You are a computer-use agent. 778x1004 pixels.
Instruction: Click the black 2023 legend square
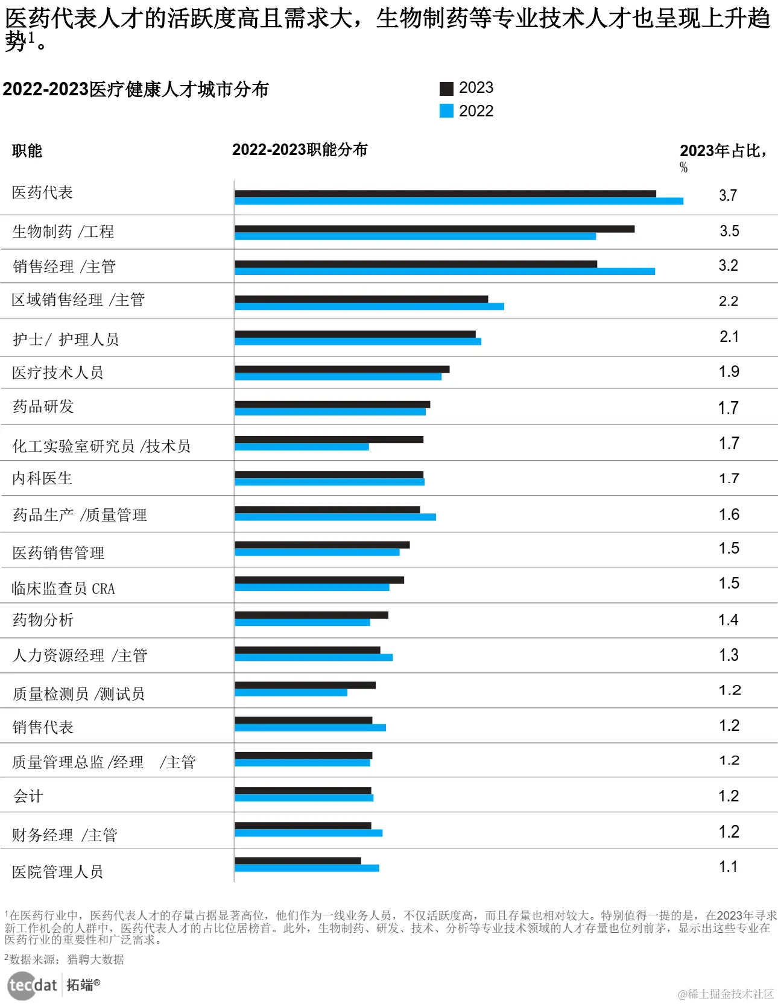coord(446,89)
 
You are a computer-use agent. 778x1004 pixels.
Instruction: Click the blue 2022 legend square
coord(446,111)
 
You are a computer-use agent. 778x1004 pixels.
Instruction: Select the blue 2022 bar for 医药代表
coord(458,201)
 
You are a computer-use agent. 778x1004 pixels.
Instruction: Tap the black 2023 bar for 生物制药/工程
coord(434,229)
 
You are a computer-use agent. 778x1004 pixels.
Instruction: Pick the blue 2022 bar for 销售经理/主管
coord(444,271)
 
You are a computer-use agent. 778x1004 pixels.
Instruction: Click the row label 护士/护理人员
coord(66,339)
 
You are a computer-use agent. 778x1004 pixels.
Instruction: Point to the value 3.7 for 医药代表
coord(728,195)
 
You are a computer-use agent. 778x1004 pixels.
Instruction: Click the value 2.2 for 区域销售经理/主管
coord(729,301)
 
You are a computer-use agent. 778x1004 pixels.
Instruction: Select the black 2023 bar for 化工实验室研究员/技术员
coord(329,440)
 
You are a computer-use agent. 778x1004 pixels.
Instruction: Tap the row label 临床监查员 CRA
coord(63,589)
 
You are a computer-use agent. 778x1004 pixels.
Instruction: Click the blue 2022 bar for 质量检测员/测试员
coord(291,692)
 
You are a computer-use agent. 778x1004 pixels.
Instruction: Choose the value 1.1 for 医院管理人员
coord(728,867)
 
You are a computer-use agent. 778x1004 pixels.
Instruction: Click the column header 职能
coord(27,151)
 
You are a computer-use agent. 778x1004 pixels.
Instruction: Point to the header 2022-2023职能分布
coord(300,150)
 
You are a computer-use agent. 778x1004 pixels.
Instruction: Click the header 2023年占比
coord(723,151)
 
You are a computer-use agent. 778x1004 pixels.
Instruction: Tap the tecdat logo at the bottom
coord(33,985)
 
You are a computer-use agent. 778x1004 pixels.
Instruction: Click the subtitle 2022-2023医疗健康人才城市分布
coord(136,89)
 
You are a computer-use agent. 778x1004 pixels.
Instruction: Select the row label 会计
coord(28,797)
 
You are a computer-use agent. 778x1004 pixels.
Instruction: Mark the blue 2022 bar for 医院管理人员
coord(307,868)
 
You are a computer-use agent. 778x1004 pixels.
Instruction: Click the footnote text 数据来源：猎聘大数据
coord(66,959)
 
